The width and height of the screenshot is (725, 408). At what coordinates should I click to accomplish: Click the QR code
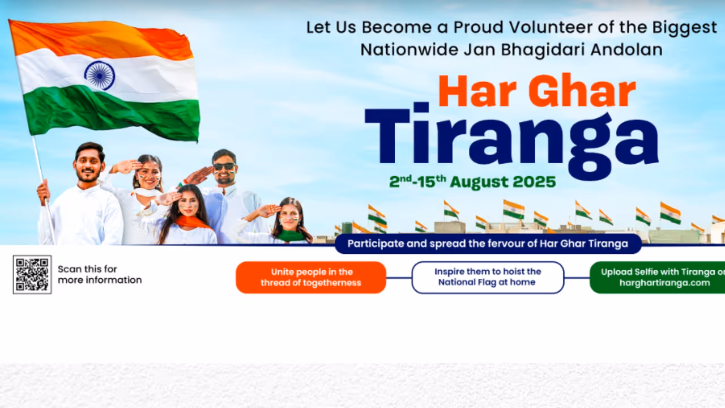click(32, 275)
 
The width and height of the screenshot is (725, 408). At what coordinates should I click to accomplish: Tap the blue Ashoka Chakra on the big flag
click(99, 75)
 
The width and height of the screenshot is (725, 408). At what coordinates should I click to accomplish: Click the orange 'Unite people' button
click(311, 277)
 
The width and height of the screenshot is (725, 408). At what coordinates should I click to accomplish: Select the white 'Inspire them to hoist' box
click(488, 277)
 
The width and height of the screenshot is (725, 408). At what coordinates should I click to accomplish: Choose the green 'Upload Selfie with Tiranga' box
click(657, 277)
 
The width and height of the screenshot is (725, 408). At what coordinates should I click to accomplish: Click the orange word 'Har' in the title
click(472, 92)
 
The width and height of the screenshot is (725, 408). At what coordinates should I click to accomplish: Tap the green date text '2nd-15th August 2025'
click(472, 181)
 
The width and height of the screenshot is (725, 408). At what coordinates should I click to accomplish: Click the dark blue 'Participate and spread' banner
click(488, 244)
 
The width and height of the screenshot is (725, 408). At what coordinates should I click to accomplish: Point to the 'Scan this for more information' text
click(100, 275)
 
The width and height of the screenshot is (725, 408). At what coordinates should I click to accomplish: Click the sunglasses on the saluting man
click(224, 167)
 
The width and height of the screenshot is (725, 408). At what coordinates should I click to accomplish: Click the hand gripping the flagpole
click(43, 191)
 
